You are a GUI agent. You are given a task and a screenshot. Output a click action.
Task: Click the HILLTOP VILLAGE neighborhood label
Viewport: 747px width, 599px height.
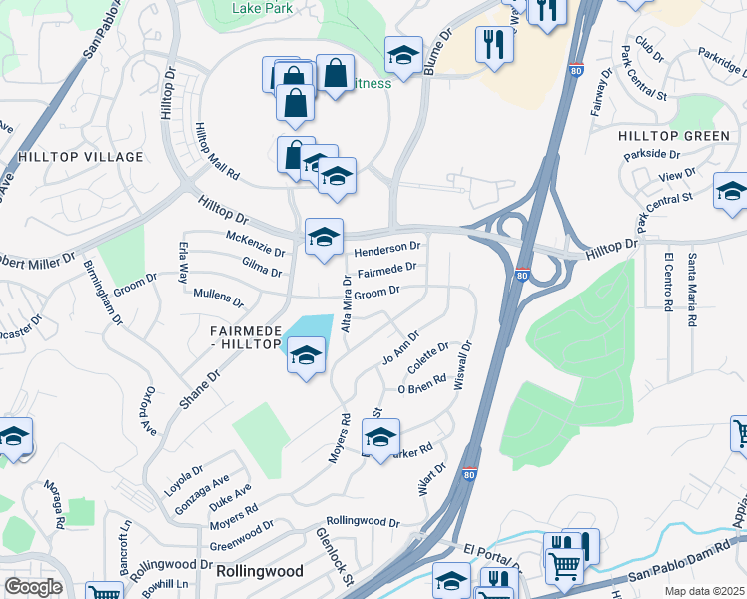point(80,157)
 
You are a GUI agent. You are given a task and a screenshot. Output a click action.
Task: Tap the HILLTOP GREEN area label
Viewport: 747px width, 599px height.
point(674,136)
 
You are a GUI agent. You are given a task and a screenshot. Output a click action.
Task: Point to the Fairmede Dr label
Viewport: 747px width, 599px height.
point(385,270)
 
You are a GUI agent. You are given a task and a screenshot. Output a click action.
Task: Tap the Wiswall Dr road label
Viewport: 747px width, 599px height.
point(462,366)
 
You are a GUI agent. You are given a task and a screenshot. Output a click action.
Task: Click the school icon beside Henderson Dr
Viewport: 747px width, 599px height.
point(324,238)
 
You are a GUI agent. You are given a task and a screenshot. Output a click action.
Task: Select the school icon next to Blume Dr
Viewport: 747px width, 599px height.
point(403,55)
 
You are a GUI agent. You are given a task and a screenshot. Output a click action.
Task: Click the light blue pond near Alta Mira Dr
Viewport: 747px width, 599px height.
point(312,327)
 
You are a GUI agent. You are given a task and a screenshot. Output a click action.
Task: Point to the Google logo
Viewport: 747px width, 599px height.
point(33,586)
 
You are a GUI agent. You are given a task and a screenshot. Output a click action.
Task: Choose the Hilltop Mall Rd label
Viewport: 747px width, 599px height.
point(217,151)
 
